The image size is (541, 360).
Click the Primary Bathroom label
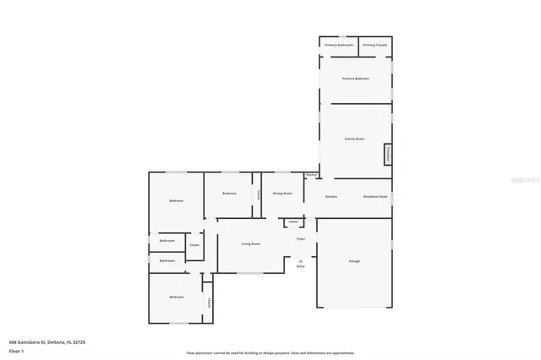point(338,45)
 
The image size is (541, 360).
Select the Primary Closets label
point(374,45)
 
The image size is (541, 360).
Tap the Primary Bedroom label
point(355,79)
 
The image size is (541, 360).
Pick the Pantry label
point(311,175)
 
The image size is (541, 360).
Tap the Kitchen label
point(331,196)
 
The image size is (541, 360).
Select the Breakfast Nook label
point(374,196)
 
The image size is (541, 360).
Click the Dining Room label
point(282,194)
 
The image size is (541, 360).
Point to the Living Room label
point(250,244)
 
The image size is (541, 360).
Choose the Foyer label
point(300,238)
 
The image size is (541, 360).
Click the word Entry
point(300,267)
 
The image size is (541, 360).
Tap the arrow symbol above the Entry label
point(300,261)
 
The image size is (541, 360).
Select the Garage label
point(354,261)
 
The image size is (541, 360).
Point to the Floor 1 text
point(17,349)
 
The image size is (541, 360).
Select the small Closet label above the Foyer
point(292,222)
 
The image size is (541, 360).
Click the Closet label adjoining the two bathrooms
point(194,246)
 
